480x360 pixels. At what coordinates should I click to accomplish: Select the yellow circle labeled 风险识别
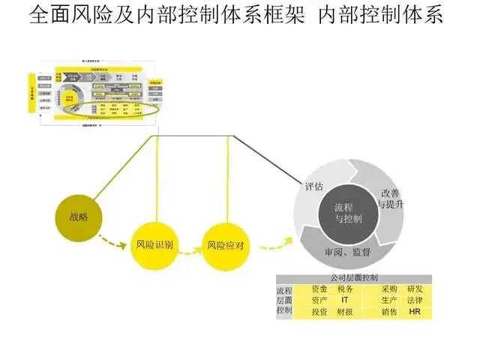point(155,244)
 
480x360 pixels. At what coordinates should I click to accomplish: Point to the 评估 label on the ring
point(313,186)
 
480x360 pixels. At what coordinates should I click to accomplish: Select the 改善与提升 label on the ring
point(393,198)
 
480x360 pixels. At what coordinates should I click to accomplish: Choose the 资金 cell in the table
point(319,289)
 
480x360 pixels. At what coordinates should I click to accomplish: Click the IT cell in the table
point(345,299)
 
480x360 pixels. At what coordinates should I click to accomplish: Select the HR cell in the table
point(415,310)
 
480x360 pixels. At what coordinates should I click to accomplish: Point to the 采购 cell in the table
point(389,289)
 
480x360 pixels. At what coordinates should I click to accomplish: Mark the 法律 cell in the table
point(415,299)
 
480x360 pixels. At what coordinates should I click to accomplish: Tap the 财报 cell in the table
point(345,310)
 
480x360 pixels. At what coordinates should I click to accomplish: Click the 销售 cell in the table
point(389,310)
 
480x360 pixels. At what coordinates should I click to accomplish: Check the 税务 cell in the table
point(345,289)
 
